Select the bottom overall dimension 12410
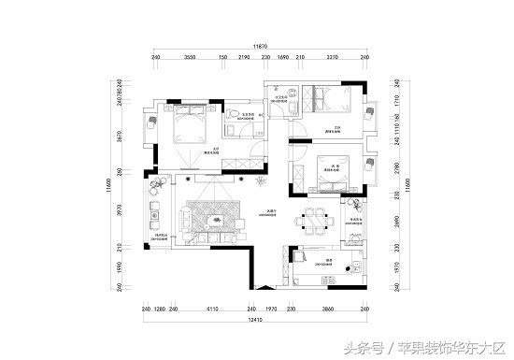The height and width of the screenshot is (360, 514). pyautogui.click(x=254, y=320)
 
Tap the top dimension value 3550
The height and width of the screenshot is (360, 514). pyautogui.click(x=189, y=57)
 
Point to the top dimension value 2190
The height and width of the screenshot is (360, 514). pyautogui.click(x=244, y=57)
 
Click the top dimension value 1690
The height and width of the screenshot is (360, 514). pyautogui.click(x=283, y=57)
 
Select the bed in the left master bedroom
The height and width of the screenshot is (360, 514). pyautogui.click(x=192, y=122)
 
